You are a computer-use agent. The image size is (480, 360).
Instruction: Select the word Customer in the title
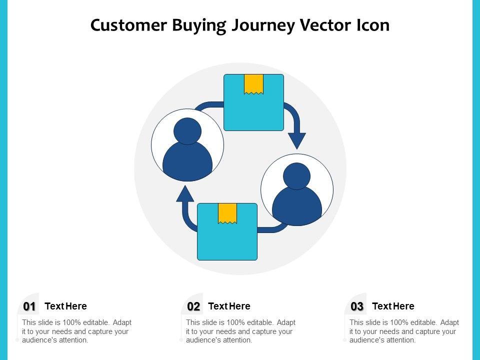coord(128,25)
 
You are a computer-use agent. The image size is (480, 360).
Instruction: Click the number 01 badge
coord(29,306)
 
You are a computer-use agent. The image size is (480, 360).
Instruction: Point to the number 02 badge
coord(193,306)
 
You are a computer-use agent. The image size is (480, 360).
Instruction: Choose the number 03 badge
coord(357,306)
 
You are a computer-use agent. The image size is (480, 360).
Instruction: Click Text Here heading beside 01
coord(65,306)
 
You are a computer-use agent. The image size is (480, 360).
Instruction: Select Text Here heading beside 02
coord(229,306)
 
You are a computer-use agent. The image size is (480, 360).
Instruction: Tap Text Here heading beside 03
coord(393,306)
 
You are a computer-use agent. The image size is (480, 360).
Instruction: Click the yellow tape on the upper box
coord(253,84)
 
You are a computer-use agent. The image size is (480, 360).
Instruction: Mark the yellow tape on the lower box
coord(227,213)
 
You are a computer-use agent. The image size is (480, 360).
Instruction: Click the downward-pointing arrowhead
coord(297,139)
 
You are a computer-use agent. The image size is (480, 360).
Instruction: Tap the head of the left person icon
coord(187,131)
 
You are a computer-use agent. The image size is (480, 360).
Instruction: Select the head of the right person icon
coord(297,176)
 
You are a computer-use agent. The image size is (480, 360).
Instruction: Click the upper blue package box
coord(253,110)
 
